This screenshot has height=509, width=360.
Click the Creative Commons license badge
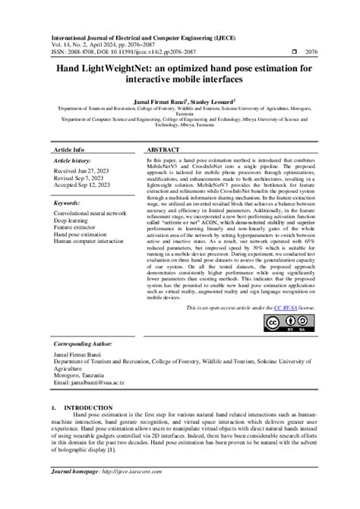[x=283, y=323]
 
